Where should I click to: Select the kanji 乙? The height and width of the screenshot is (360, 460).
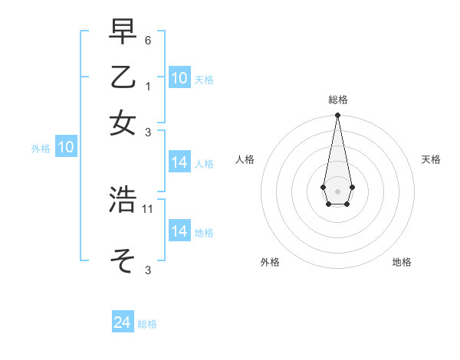(123, 79)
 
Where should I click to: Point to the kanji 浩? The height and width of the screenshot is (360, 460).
(123, 200)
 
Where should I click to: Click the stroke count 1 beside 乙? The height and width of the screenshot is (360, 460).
(148, 86)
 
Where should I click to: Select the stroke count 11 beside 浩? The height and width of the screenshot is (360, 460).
(149, 208)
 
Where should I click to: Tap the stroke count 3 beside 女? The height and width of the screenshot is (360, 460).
(148, 132)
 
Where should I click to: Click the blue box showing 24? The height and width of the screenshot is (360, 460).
(123, 322)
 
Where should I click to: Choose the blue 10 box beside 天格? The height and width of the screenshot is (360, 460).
(179, 77)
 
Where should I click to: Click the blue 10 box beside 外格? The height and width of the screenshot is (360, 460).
(66, 147)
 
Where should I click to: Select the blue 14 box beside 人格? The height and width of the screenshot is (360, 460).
(179, 162)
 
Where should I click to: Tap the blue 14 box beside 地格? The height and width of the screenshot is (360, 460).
(179, 231)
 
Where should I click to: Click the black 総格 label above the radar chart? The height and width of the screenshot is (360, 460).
(337, 100)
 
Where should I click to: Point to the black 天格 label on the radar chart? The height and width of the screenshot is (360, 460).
(431, 159)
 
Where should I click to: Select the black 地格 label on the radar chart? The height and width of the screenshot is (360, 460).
(402, 262)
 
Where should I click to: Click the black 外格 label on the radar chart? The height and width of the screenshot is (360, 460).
(270, 262)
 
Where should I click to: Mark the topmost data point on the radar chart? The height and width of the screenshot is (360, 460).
(337, 116)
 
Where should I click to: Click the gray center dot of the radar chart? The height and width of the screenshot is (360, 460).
(337, 190)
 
